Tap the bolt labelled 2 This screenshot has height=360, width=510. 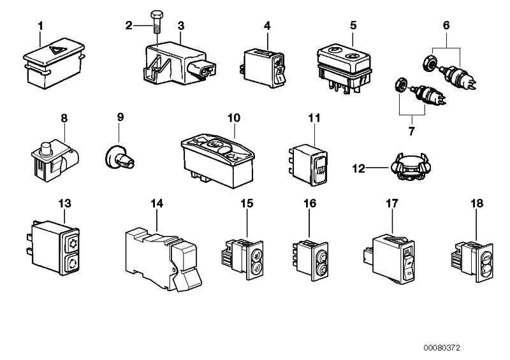click(x=157, y=22)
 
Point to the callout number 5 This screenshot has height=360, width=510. click(x=353, y=25)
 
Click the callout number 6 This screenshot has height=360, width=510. click(x=446, y=25)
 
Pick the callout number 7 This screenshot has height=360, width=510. click(x=411, y=131)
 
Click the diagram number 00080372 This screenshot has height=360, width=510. click(x=441, y=349)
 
